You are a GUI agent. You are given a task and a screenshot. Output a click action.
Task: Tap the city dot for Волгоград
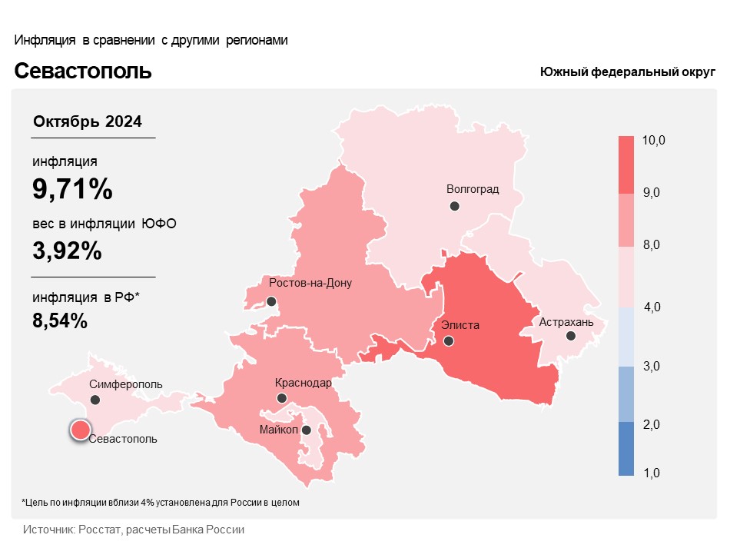455,206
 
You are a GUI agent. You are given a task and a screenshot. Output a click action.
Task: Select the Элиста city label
460,325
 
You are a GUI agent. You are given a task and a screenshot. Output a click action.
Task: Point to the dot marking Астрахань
570,336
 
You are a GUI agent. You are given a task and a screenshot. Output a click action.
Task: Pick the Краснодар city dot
282,398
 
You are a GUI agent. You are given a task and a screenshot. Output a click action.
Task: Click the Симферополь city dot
95,400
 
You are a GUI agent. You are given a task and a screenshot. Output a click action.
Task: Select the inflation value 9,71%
72,188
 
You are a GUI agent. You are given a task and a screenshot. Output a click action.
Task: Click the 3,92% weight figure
67,250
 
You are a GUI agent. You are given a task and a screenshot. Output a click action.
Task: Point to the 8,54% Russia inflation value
60,320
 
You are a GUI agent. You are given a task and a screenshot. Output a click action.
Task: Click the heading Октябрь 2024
88,122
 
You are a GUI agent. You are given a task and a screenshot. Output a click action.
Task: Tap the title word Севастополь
83,71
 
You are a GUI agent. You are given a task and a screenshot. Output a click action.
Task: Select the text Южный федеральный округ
627,72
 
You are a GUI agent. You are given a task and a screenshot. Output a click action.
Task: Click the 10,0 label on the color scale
654,140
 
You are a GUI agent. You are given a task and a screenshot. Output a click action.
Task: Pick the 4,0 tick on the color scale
652,307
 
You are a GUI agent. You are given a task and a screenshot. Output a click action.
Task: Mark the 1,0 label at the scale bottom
652,473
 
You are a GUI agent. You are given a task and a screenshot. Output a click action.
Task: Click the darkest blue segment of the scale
626,450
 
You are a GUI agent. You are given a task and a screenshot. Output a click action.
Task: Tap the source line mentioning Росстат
134,530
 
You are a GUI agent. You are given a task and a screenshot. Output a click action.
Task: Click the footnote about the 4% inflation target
160,503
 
